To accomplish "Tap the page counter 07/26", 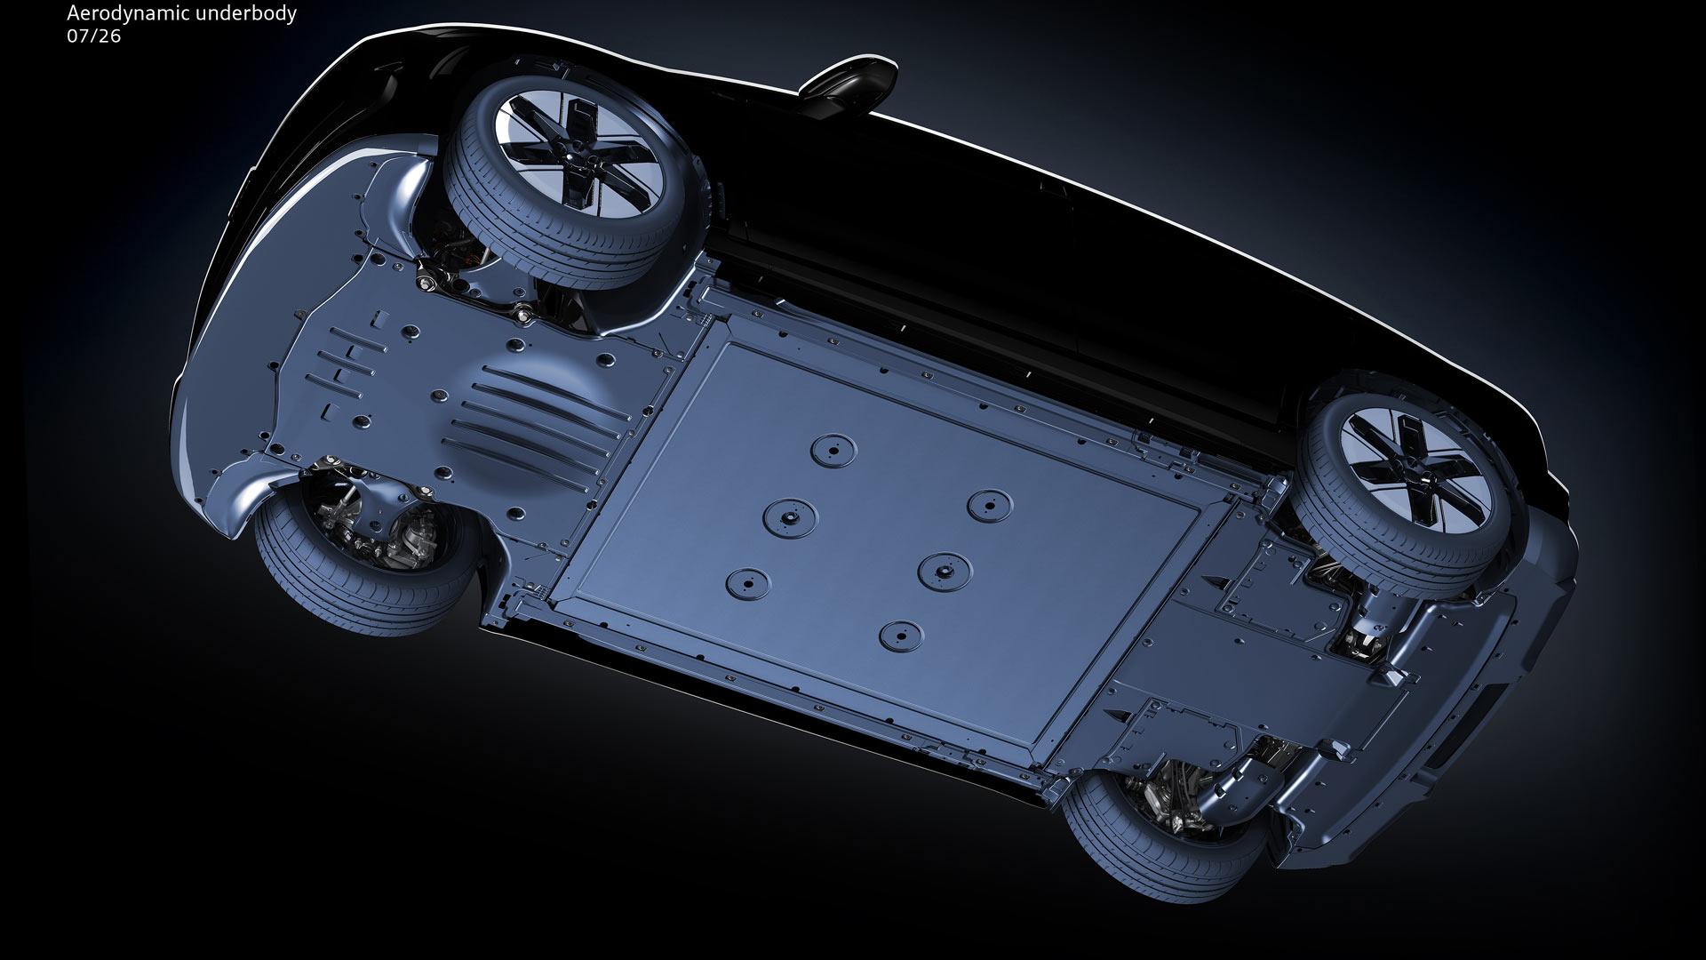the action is click(93, 36).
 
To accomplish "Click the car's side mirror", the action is click(847, 87).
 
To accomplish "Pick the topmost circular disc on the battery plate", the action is click(832, 448).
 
